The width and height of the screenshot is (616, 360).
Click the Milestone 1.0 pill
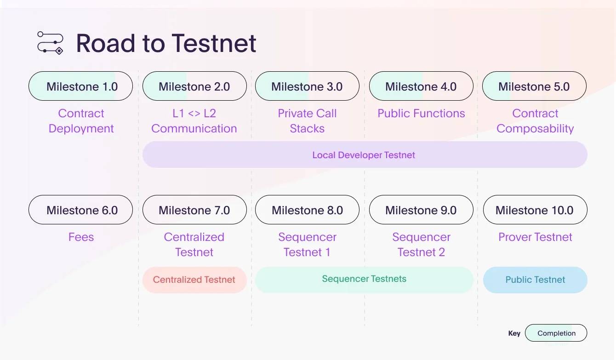(x=80, y=86)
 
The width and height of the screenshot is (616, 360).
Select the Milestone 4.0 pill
(x=421, y=86)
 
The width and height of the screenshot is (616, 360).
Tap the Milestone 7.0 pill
(x=194, y=210)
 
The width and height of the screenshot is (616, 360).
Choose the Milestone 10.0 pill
(x=535, y=210)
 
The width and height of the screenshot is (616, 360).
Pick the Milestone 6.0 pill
(x=80, y=210)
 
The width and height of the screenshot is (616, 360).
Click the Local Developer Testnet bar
(x=365, y=154)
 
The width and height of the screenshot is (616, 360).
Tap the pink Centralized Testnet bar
(x=194, y=280)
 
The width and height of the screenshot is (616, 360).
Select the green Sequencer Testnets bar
(x=364, y=280)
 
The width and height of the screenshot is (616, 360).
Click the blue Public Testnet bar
(x=535, y=280)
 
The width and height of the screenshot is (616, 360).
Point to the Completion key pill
(x=556, y=333)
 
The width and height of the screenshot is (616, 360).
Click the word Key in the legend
(x=514, y=333)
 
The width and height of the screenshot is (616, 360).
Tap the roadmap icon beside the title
(x=50, y=43)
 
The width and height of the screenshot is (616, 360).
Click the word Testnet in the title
(x=214, y=43)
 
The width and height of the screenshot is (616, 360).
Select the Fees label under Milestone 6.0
(x=81, y=237)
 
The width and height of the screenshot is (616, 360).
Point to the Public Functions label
(x=421, y=113)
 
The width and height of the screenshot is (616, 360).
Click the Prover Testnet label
(x=535, y=237)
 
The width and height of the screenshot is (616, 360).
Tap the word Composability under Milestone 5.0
(x=535, y=129)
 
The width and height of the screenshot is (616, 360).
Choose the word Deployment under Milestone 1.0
(x=81, y=129)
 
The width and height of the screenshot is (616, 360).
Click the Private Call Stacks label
(x=307, y=121)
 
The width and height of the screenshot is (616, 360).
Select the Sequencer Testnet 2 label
(x=421, y=245)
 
